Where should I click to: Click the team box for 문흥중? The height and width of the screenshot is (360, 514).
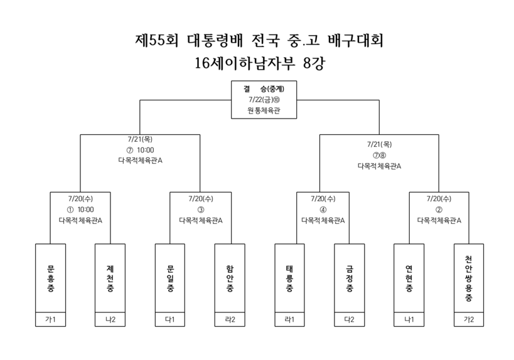pos(50,278)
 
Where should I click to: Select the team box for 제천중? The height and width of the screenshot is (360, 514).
pos(110,278)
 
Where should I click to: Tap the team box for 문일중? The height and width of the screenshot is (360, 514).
pos(170,278)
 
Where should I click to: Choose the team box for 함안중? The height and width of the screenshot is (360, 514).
pos(230,278)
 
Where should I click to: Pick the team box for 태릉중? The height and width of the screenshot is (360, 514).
pos(289,278)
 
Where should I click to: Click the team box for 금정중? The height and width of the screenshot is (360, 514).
pos(350,278)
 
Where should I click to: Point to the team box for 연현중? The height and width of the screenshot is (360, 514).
pos(409,278)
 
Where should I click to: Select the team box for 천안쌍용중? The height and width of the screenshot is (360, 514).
pos(469,278)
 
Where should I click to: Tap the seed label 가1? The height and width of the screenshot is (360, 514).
pos(50,319)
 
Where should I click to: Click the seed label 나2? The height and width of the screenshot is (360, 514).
pos(110,319)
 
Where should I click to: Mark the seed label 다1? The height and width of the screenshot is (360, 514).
pos(170,319)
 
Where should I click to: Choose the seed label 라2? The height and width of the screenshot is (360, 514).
pos(230,319)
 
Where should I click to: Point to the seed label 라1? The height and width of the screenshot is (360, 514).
pos(289,319)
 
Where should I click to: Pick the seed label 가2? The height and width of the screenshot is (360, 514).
pos(469,319)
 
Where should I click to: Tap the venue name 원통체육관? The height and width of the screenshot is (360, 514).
pos(264,110)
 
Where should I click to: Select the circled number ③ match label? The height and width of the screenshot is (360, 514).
pos(201,209)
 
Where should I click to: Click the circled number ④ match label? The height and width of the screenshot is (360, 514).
pos(323,209)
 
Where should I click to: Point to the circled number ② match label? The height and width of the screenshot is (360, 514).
pos(439,209)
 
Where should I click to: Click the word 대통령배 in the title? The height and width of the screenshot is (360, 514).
pos(215,40)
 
